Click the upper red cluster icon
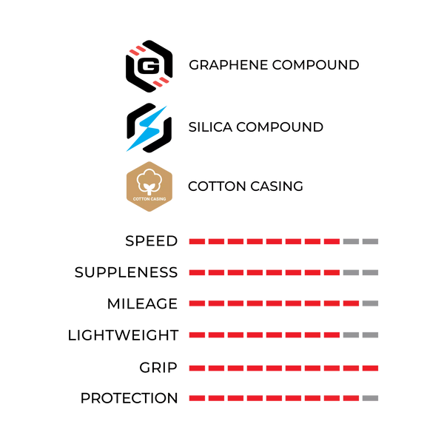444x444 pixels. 137,50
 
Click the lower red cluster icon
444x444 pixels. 161,81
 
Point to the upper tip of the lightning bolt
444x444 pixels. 167,106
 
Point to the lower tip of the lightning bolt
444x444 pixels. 127,152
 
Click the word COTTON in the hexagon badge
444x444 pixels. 141,199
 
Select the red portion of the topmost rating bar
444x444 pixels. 264,241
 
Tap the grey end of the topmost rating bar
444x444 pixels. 360,241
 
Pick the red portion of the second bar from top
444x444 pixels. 264,272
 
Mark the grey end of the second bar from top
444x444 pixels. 360,272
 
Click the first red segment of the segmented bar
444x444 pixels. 196,303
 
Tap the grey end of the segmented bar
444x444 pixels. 370,303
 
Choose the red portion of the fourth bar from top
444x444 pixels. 264,334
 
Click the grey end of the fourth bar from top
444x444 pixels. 360,334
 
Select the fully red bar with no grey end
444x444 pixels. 283,368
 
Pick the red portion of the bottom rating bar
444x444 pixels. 274,398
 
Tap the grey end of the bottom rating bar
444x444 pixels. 370,398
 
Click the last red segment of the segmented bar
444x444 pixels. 351,303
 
